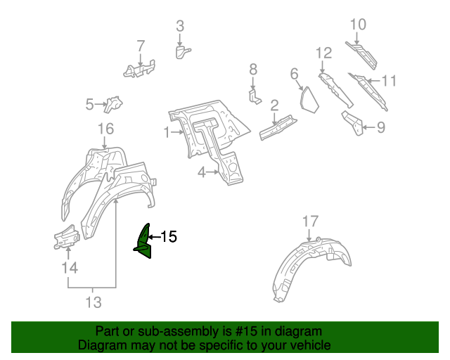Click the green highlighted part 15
click(x=145, y=243)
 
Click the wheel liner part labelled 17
click(x=309, y=267)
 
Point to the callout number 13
click(x=93, y=302)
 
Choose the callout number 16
click(x=105, y=129)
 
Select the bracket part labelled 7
click(x=141, y=67)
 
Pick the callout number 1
click(x=167, y=131)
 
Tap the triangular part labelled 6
click(x=308, y=98)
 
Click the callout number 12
click(x=323, y=53)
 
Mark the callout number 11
click(x=389, y=81)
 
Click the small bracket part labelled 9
click(x=353, y=122)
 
